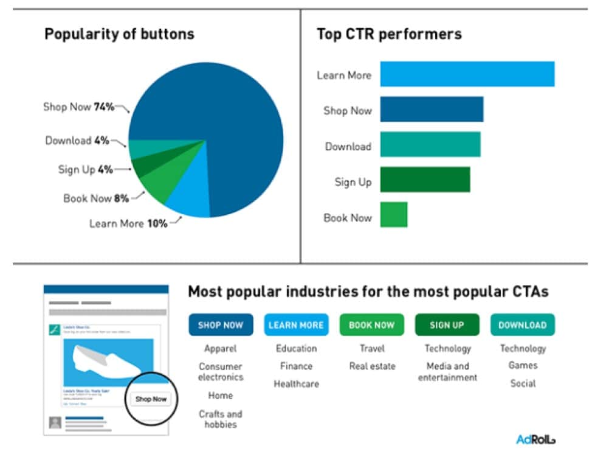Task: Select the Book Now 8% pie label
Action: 95,198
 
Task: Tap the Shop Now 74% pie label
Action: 78,107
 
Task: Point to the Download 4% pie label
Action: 77,141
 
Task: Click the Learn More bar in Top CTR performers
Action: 467,74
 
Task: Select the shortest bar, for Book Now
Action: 394,215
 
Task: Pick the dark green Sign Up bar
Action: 425,180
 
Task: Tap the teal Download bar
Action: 430,145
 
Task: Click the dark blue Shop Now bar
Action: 432,110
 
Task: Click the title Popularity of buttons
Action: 119,34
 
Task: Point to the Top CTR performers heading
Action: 389,34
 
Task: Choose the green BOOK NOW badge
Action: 371,325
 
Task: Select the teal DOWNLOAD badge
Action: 522,325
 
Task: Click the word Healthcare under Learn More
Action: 296,384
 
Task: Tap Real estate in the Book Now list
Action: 372,366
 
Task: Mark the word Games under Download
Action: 523,365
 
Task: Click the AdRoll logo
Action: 535,439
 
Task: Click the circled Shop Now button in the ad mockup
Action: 151,399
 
